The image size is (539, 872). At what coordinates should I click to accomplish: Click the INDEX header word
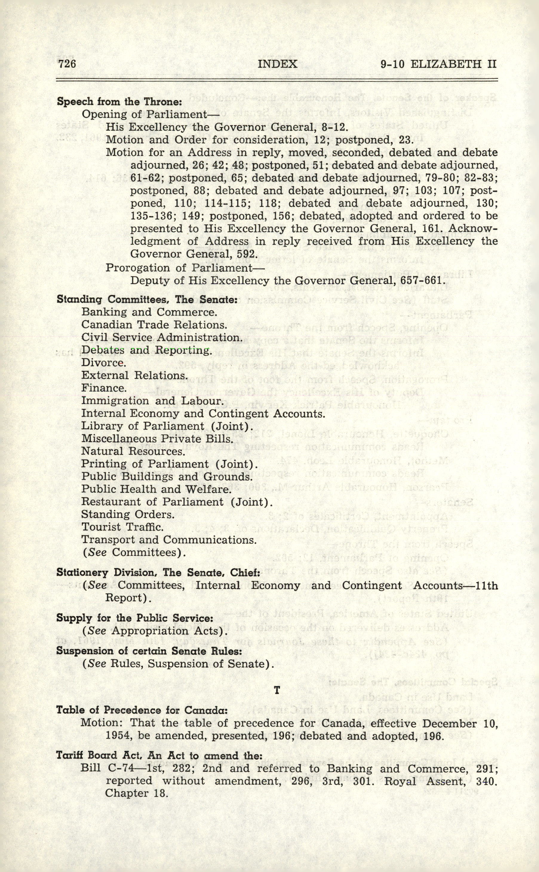point(277,64)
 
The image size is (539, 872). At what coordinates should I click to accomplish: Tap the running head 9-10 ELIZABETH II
point(438,64)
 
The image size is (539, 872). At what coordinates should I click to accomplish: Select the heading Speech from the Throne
point(119,102)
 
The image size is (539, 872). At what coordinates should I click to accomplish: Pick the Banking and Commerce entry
point(149,312)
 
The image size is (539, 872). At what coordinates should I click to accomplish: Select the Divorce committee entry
point(103,362)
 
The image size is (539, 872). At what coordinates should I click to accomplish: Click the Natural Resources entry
point(133,451)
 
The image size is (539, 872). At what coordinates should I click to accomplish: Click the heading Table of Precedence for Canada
point(142,710)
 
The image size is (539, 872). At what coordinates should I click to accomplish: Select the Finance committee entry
point(104,388)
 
